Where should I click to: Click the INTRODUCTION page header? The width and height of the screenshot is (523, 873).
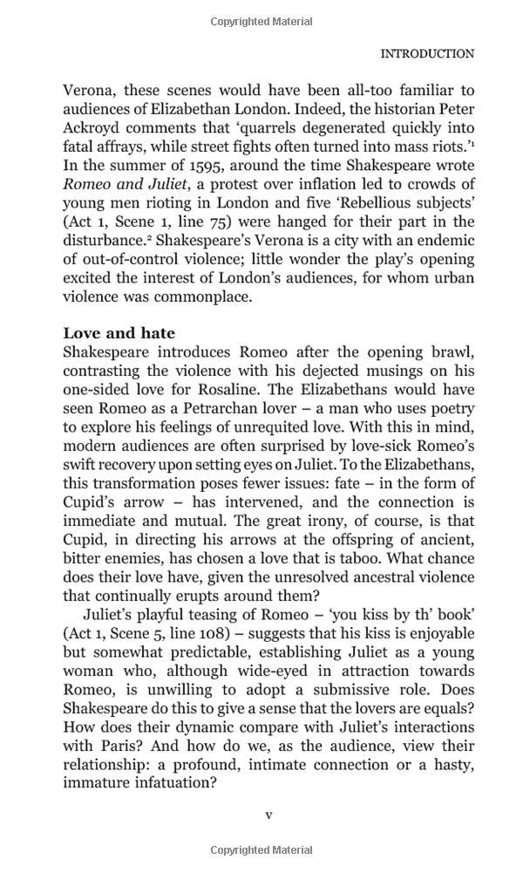pyautogui.click(x=427, y=53)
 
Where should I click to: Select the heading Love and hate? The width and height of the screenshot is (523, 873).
pyautogui.click(x=119, y=333)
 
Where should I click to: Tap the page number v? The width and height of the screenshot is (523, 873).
pyautogui.click(x=268, y=815)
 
